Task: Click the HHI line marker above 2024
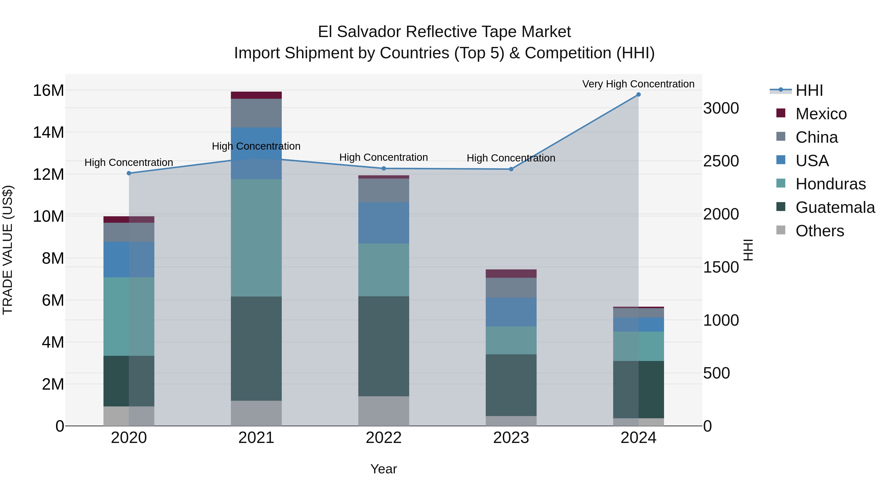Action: pyautogui.click(x=638, y=95)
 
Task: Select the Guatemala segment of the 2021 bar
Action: pyautogui.click(x=256, y=348)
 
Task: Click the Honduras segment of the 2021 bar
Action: pyautogui.click(x=256, y=238)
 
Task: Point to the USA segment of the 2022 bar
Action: pyautogui.click(x=384, y=223)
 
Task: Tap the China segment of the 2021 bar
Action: pyautogui.click(x=256, y=113)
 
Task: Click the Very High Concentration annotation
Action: pyautogui.click(x=638, y=84)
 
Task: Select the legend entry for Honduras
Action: pyautogui.click(x=830, y=184)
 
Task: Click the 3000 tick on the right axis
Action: pyautogui.click(x=721, y=108)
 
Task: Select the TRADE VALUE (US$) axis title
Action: pyautogui.click(x=8, y=250)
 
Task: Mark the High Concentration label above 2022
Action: pyautogui.click(x=384, y=157)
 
